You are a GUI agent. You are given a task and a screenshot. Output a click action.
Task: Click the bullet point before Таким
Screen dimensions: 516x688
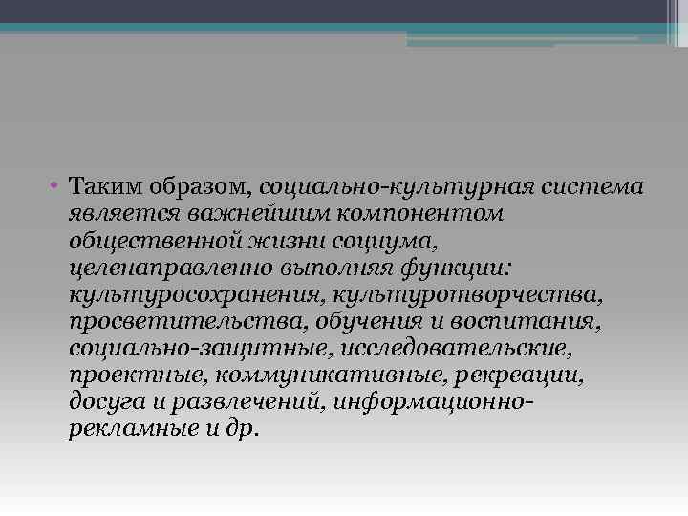58,183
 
